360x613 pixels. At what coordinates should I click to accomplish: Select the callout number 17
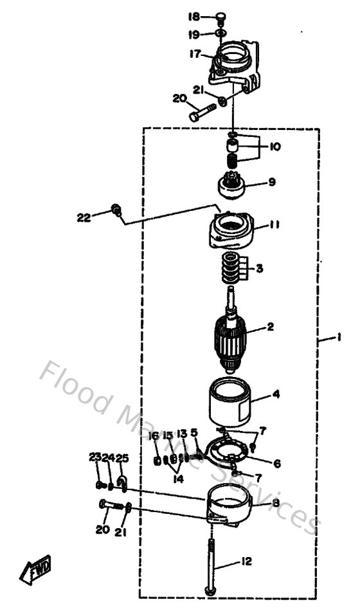coord(195,53)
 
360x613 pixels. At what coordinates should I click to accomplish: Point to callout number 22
coord(84,217)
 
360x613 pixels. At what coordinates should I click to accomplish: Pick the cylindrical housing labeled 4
coord(229,403)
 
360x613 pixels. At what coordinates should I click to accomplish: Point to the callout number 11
coord(274,225)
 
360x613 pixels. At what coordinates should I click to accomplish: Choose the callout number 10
coord(274,147)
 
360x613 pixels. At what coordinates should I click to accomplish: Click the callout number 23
coord(95,457)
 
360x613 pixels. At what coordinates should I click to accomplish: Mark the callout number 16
coord(154,435)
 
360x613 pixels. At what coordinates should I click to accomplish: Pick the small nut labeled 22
coord(116,209)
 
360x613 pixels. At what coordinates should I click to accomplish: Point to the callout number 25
coord(122,457)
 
